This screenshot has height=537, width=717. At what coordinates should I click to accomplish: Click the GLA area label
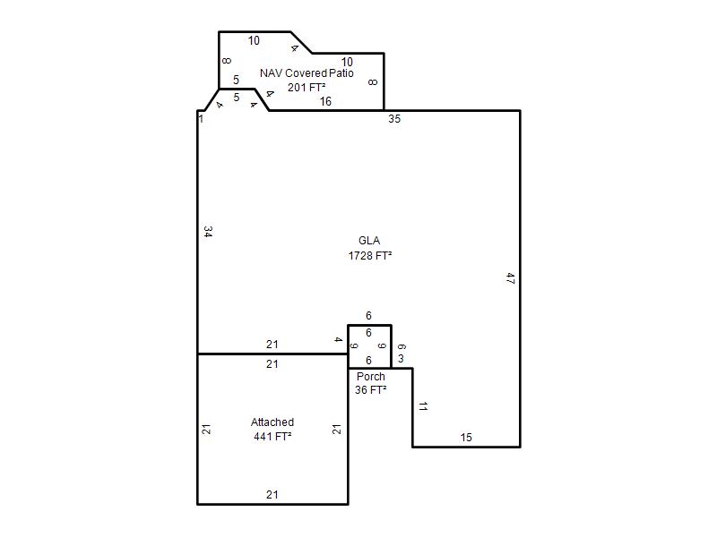tap(369, 241)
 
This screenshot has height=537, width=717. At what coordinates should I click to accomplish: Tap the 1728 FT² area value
tap(370, 255)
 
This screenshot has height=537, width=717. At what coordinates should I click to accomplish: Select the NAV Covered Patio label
tap(307, 73)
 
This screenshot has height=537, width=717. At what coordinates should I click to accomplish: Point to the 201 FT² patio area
tap(307, 87)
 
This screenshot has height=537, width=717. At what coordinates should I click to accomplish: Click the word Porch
tap(371, 377)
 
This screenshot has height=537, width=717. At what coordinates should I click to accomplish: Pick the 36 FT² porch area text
tap(371, 390)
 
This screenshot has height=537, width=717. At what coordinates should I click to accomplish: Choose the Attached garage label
tap(272, 422)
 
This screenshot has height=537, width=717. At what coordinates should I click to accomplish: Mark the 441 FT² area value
tap(272, 437)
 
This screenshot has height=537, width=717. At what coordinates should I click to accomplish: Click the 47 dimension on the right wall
tap(511, 278)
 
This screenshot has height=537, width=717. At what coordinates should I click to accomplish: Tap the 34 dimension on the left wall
tap(208, 232)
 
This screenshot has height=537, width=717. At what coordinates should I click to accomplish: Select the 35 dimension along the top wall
tap(394, 119)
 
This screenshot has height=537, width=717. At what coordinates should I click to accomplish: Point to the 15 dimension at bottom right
tap(466, 438)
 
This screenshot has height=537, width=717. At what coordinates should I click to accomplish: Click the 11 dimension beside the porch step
tap(423, 406)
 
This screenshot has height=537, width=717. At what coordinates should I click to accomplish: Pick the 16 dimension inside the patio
tap(325, 101)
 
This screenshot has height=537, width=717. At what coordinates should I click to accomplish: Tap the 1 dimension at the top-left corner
tap(201, 119)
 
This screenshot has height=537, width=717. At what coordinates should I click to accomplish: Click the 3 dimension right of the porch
tap(401, 359)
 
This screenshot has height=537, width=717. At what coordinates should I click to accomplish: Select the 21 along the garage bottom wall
tap(272, 495)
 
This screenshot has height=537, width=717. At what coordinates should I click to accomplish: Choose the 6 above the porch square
tap(368, 316)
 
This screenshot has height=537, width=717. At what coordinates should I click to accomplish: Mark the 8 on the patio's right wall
tap(373, 82)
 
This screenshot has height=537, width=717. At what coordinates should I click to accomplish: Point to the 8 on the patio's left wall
tap(227, 61)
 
